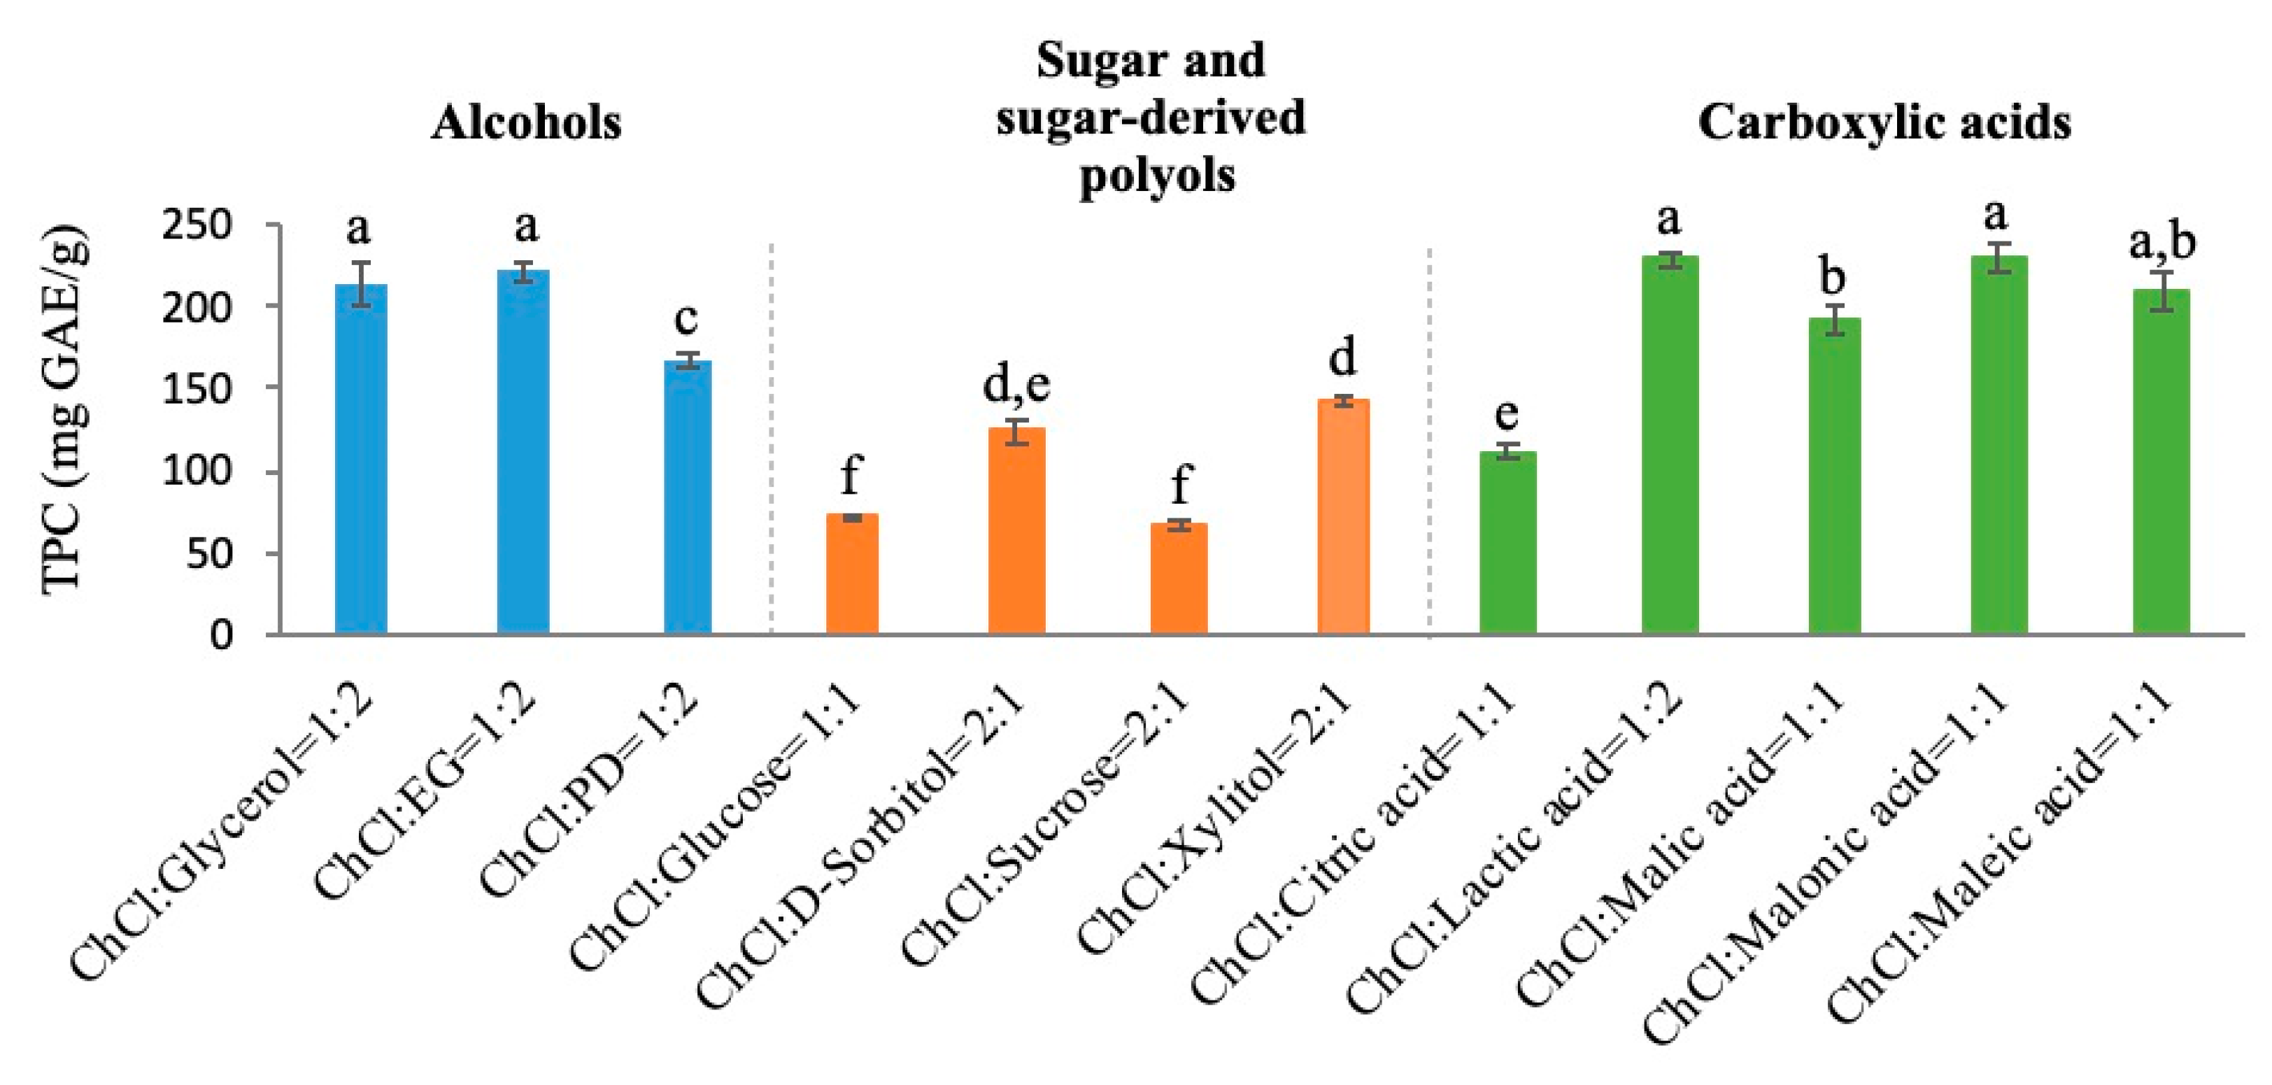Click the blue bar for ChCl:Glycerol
pyautogui.click(x=361, y=459)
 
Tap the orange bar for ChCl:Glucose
pyautogui.click(x=851, y=574)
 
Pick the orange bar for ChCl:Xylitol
pyautogui.click(x=1342, y=516)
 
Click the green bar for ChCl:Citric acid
pyautogui.click(x=1507, y=543)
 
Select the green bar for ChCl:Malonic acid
pyautogui.click(x=1998, y=446)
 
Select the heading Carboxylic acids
pyautogui.click(x=1884, y=122)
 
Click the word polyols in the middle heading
pyautogui.click(x=1156, y=176)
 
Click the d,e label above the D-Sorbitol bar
pyautogui.click(x=1016, y=385)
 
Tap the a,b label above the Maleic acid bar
pyautogui.click(x=2161, y=242)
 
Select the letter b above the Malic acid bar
pyautogui.click(x=1833, y=278)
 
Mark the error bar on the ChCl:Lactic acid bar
pyautogui.click(x=1669, y=260)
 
